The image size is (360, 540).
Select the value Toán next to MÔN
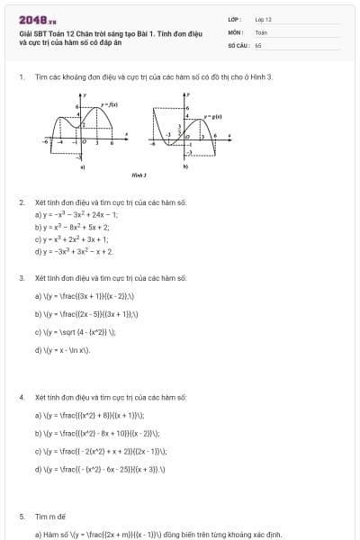(x=261, y=31)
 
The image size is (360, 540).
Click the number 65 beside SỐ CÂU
(x=258, y=44)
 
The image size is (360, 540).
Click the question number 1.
(x=21, y=77)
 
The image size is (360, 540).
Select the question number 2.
(x=21, y=202)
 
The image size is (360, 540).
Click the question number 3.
(x=21, y=278)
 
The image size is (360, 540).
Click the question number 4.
(x=21, y=397)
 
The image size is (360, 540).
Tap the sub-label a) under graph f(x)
(x=84, y=167)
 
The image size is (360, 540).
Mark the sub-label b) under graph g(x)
(x=186, y=167)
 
